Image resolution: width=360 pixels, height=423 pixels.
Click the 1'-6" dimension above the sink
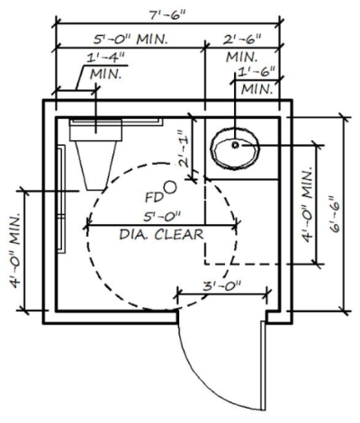254,72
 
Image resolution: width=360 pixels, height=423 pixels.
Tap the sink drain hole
236,143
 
